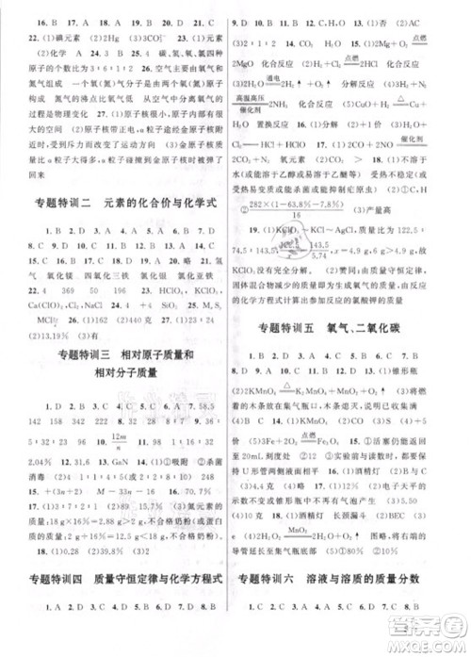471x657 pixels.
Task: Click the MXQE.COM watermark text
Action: click(415, 642)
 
